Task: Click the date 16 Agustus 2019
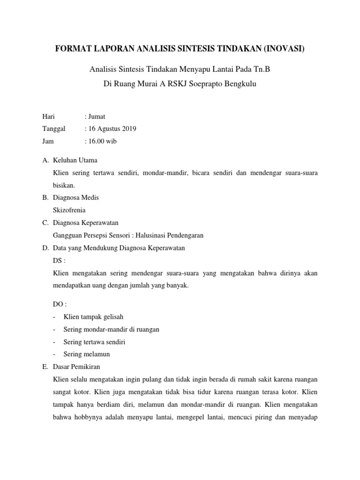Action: click(x=111, y=129)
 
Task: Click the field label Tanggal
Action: click(x=54, y=129)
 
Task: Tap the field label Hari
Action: click(x=49, y=117)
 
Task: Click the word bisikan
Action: click(x=65, y=185)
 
